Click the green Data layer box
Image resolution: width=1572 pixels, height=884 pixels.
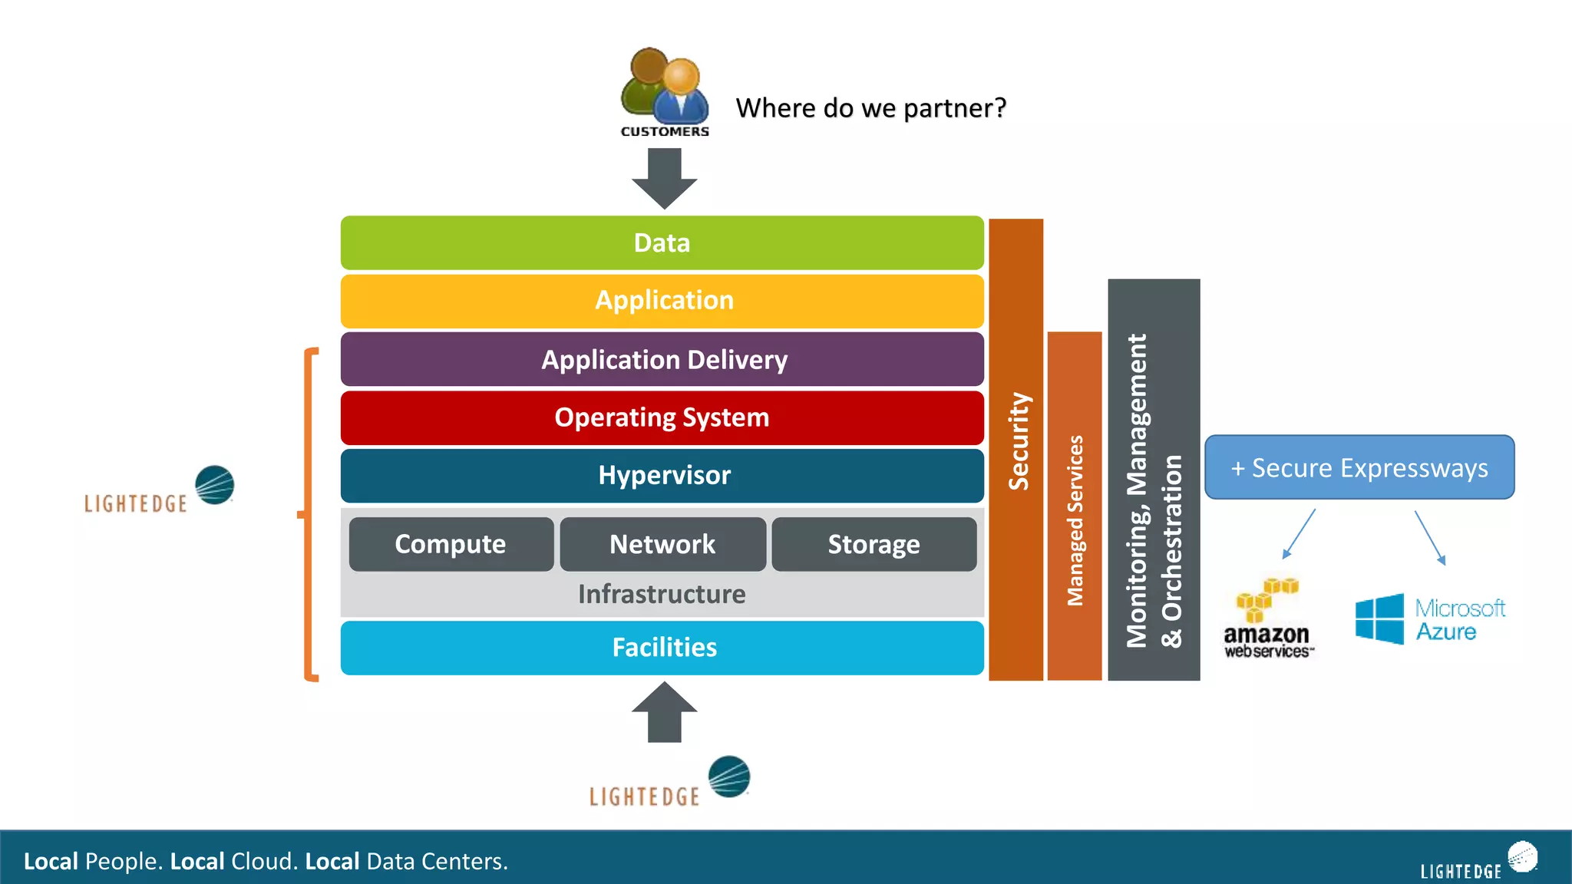662,243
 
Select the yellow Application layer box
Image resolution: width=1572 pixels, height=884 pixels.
662,301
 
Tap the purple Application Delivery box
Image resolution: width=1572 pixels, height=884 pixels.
662,359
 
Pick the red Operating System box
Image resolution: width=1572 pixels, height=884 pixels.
662,417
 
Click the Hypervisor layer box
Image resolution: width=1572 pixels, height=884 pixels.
662,476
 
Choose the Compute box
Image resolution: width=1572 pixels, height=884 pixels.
451,544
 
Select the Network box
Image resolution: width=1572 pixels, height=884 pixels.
662,544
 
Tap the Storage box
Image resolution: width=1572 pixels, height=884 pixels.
874,544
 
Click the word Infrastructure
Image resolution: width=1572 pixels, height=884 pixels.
662,595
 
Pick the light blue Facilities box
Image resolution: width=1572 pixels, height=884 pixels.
662,648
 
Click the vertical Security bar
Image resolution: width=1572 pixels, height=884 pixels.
1016,449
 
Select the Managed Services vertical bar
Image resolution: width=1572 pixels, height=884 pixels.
1074,506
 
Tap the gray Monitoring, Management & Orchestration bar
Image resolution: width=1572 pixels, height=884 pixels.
1153,480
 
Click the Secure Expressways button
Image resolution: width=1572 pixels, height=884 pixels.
1359,467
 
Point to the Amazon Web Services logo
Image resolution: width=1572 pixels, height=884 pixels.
1267,618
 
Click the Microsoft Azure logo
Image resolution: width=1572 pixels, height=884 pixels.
1429,618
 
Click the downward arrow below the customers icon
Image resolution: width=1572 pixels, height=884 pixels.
664,178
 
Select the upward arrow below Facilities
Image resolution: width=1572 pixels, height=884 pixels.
664,712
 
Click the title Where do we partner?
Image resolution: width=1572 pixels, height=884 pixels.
870,108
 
